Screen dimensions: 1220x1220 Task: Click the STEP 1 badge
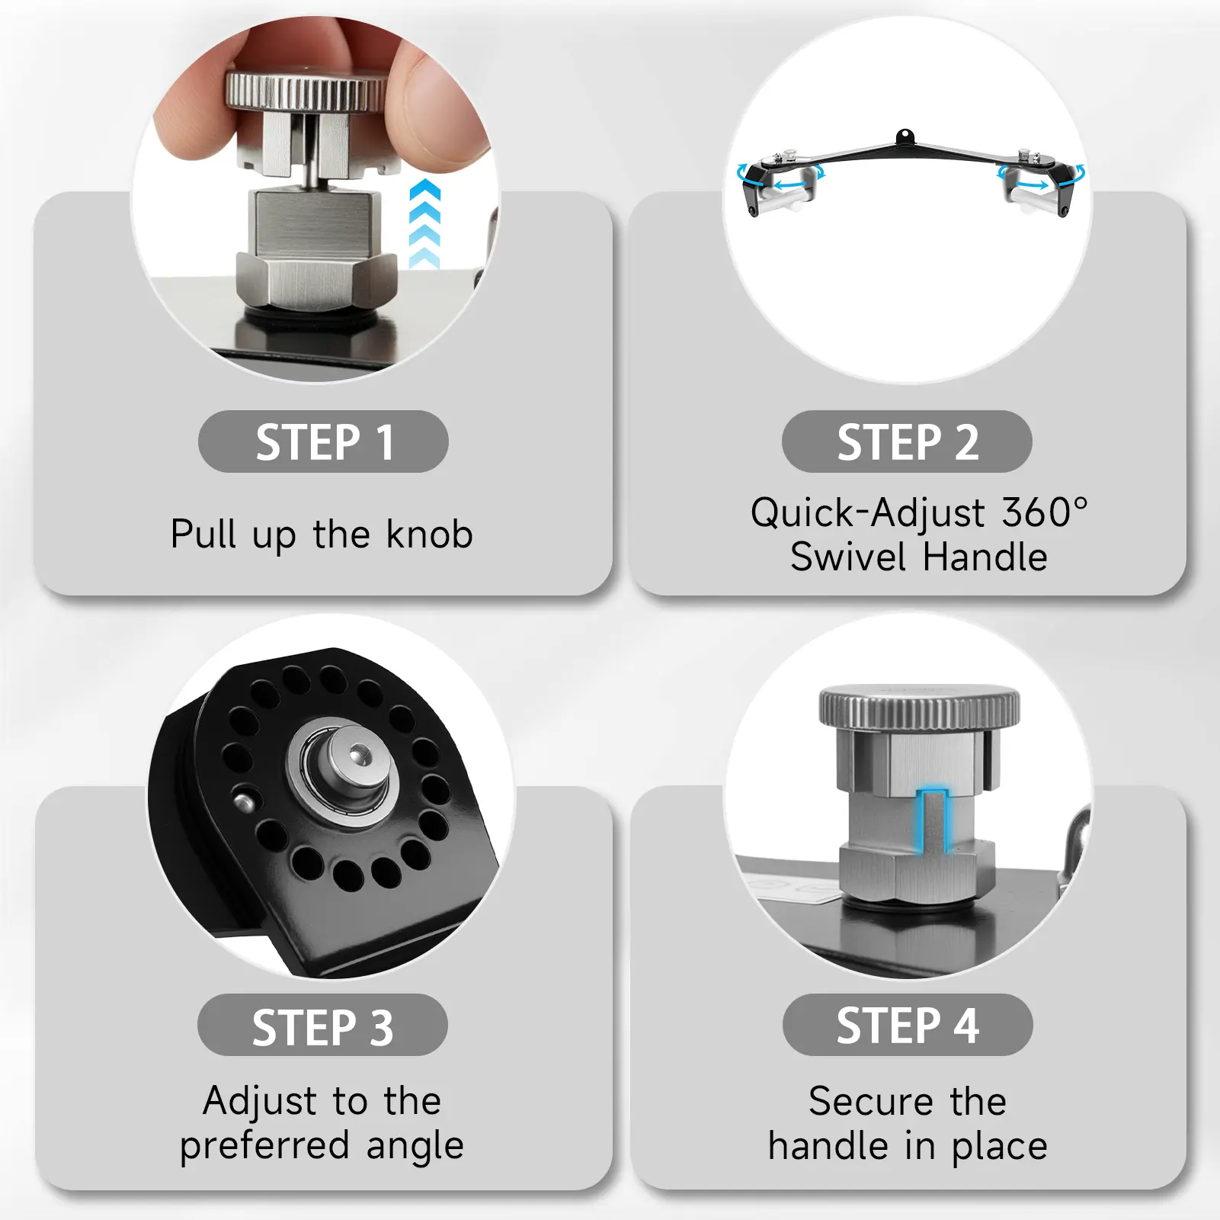323,441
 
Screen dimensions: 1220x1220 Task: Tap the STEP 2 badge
907,441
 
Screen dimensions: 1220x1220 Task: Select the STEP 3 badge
322,1025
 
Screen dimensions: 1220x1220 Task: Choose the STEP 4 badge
908,1025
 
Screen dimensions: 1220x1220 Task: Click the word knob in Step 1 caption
429,534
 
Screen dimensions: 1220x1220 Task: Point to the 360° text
1045,512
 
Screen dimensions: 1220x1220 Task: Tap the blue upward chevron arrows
424,223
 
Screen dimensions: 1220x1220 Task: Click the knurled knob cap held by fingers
305,90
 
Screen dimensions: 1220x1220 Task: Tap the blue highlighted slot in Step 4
933,820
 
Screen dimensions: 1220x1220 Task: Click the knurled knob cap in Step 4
919,705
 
